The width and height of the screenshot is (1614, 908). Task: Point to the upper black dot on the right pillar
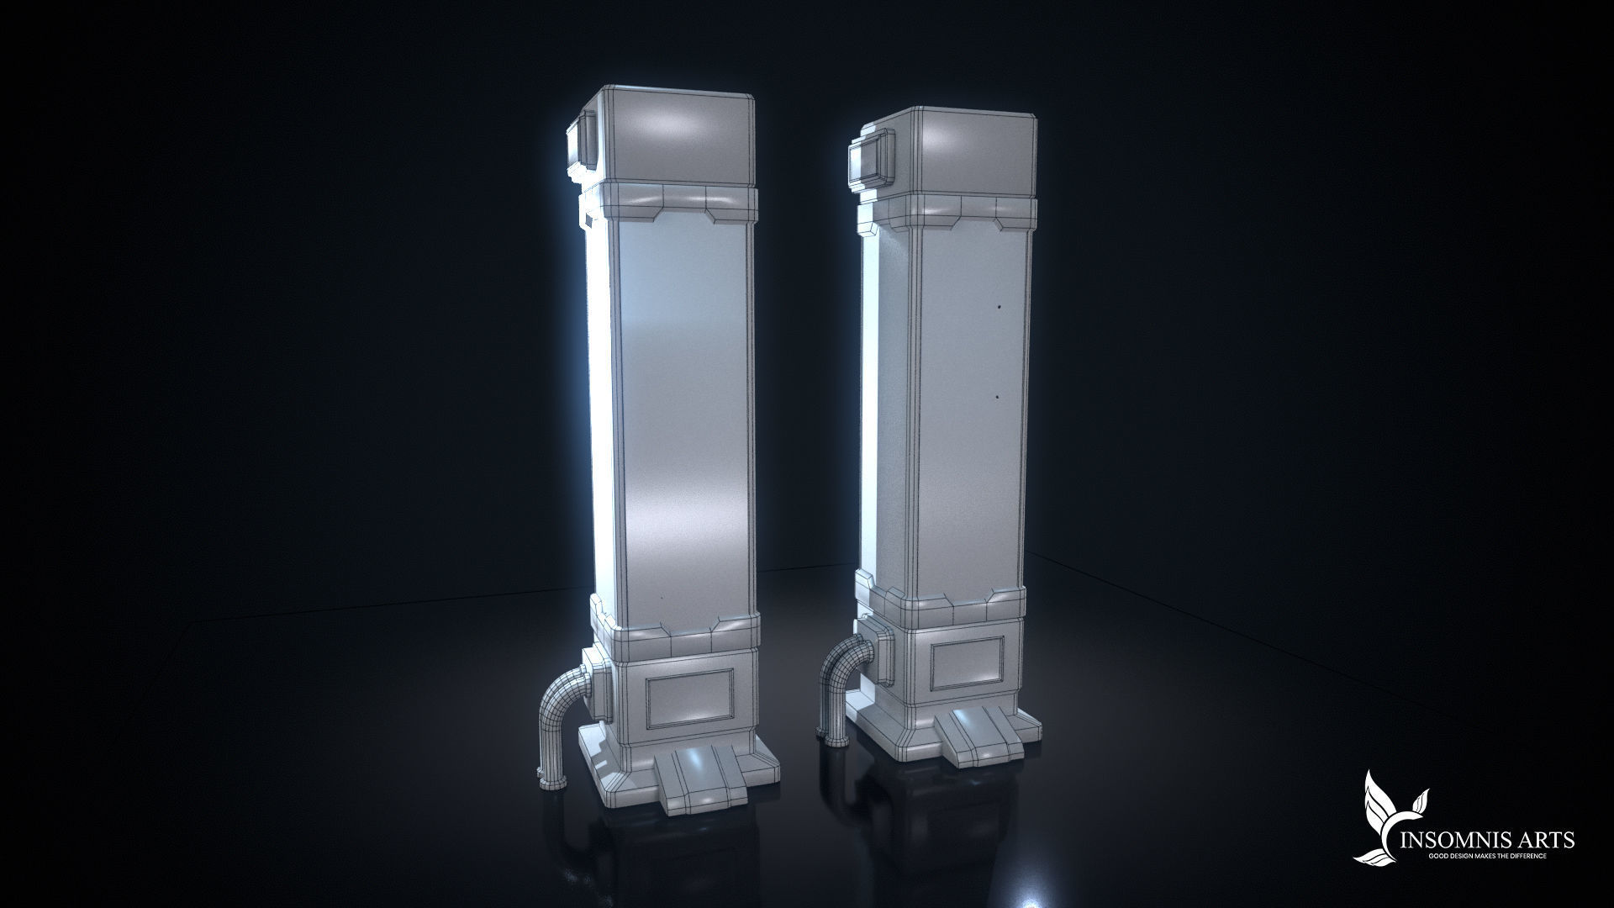[x=999, y=307]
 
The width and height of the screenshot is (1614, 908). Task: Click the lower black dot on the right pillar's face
[x=996, y=395]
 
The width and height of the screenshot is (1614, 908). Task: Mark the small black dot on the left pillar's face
[x=662, y=598]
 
